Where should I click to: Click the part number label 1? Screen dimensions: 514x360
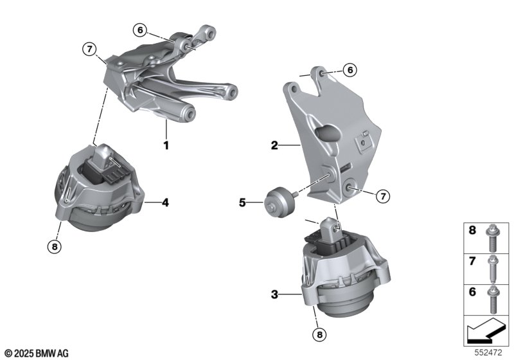166,145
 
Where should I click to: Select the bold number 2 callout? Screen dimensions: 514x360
274,145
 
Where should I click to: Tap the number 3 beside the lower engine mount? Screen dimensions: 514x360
274,294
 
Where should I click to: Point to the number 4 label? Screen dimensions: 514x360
166,203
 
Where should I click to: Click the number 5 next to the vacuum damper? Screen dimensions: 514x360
242,203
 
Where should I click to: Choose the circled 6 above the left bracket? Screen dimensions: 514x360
140,30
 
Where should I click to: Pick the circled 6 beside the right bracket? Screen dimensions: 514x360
350,70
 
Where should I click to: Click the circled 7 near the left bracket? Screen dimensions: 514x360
89,50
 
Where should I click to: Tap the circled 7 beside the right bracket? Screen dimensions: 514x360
383,197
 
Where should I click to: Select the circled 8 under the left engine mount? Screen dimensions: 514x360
55,246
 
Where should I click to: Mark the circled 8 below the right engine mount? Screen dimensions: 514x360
319,335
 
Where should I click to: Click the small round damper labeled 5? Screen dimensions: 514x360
280,203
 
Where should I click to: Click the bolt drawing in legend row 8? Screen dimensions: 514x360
492,238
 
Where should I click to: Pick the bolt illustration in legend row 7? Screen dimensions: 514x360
492,269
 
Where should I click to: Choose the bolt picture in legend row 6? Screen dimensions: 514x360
492,300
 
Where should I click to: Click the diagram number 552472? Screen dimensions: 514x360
488,353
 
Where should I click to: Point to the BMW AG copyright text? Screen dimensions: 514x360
37,354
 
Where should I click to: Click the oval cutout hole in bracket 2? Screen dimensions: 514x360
328,132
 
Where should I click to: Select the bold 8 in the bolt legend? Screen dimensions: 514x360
472,230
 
